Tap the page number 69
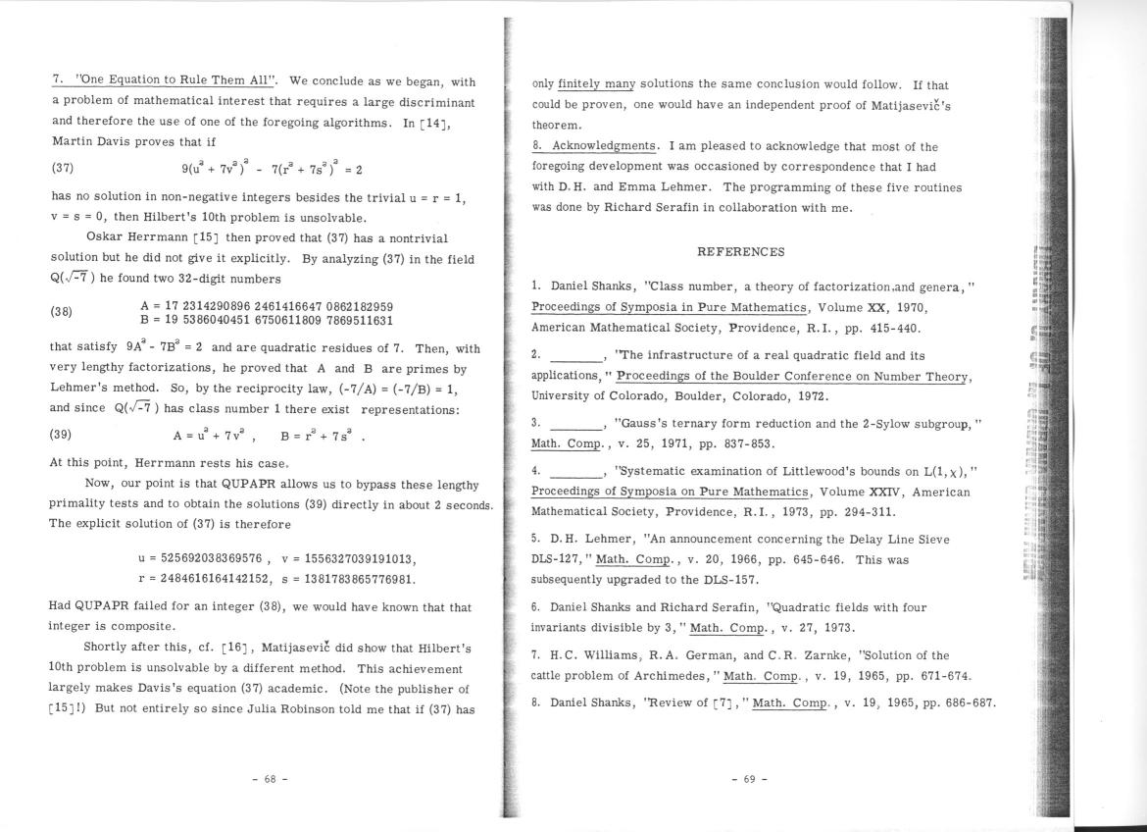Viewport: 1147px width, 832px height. coord(749,779)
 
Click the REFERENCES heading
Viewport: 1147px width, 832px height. coord(740,252)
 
